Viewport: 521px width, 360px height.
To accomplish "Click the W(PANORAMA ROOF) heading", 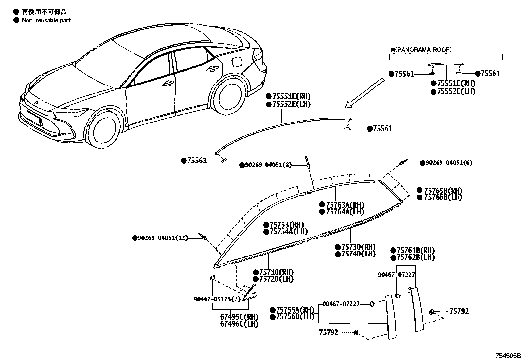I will click(x=421, y=50).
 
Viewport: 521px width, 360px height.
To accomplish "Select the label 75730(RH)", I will click(x=358, y=247).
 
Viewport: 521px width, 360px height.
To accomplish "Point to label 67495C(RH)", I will click(x=239, y=317).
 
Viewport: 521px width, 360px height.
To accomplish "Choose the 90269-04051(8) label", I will click(x=268, y=165).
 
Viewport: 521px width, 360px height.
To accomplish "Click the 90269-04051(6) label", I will click(x=449, y=163).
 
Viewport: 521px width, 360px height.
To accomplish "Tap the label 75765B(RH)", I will click(x=443, y=191).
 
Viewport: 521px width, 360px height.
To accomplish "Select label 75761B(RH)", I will click(x=415, y=251).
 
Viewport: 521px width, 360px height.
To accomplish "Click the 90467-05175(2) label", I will click(x=217, y=299).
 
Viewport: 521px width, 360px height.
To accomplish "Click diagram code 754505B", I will click(x=507, y=356).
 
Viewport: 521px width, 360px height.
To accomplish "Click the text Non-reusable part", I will click(x=46, y=20).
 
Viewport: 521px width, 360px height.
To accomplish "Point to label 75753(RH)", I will click(x=287, y=225).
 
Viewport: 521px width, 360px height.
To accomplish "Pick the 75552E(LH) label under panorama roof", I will click(x=456, y=91).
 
